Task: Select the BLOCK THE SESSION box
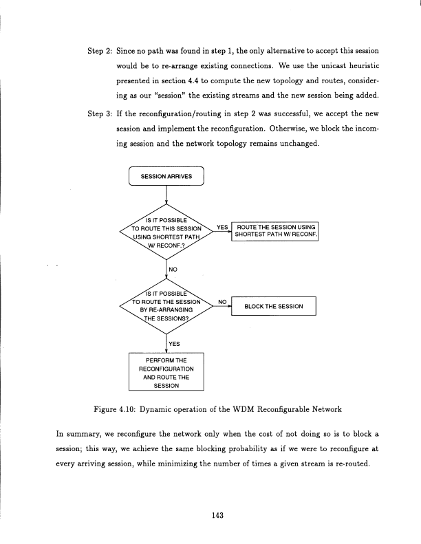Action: (274, 306)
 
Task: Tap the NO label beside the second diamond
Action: (222, 301)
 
